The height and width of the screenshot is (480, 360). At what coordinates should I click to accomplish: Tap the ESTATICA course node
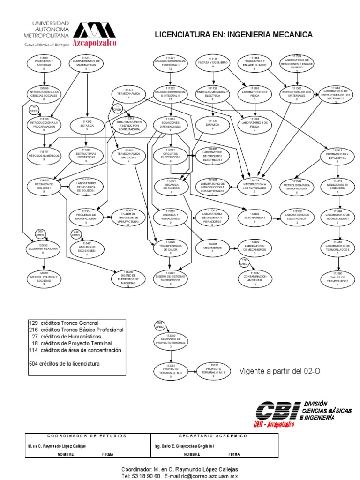point(86,125)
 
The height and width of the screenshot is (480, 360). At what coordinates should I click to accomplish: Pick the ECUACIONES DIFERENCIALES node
point(171,124)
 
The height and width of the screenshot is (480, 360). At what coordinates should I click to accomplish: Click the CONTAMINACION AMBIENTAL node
point(255,278)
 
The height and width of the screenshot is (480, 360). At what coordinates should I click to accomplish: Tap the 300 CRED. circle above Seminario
point(159,325)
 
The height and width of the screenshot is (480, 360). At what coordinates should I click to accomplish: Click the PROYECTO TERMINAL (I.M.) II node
point(213,370)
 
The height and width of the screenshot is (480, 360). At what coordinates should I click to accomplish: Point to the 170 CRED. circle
point(244,263)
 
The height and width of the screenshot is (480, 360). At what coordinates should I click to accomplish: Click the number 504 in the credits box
point(33,364)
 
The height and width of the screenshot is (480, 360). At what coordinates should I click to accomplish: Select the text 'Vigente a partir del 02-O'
point(280,371)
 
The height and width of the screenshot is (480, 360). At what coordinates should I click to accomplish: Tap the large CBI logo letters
point(277,411)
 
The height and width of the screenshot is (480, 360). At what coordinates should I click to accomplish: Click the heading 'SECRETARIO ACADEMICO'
point(213,436)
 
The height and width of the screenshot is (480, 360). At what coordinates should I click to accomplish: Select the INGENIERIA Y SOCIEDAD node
point(44,63)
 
